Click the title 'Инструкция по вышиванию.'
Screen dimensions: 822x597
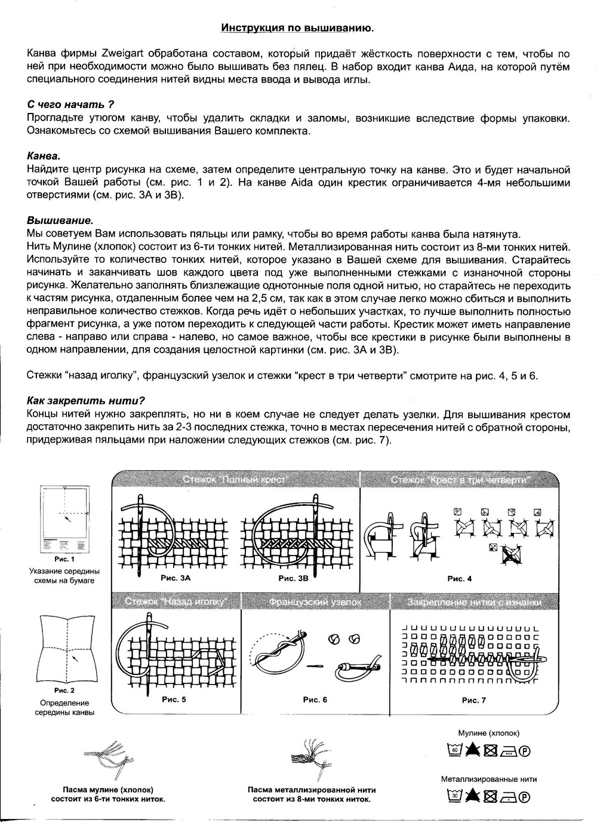298,27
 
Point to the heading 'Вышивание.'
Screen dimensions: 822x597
60,220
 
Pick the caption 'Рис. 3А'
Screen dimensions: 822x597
176,578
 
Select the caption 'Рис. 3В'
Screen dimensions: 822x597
293,578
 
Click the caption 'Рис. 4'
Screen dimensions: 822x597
460,578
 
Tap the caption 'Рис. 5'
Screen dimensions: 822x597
174,699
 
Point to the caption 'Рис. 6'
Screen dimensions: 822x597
315,700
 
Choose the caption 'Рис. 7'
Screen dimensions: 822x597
474,700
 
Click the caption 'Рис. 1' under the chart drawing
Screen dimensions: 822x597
64,559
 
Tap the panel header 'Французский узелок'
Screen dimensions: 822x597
315,602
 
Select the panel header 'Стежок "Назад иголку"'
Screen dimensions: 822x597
176,602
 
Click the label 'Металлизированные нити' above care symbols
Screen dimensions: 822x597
488,779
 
